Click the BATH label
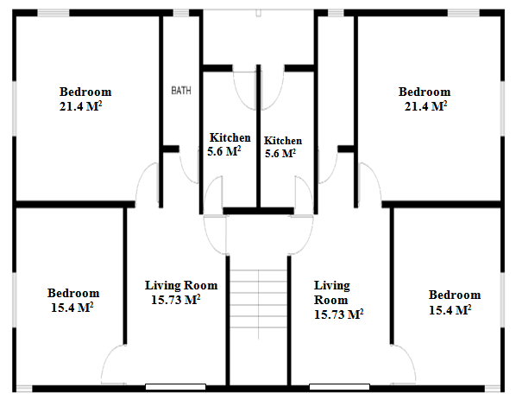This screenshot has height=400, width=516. (181, 90)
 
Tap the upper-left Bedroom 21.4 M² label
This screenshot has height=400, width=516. (85, 98)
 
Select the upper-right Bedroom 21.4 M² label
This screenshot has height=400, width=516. (425, 98)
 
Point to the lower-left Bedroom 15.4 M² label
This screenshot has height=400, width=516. (73, 300)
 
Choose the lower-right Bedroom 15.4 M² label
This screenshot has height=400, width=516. (455, 302)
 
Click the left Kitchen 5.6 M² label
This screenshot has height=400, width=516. (230, 144)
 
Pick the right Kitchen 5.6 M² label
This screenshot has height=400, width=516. (283, 147)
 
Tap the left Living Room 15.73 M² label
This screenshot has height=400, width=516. (181, 293)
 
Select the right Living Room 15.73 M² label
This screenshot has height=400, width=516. (338, 300)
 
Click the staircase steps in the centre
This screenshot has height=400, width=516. (258, 299)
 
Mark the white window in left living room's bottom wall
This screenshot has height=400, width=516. (176, 387)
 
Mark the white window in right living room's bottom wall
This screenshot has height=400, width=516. (339, 387)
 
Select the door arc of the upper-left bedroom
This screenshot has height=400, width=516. (140, 178)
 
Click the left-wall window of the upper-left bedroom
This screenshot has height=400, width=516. (15, 108)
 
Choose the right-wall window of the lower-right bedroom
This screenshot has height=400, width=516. (502, 300)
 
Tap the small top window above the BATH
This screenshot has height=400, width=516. (181, 13)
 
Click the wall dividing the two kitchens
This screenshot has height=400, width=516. (259, 137)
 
